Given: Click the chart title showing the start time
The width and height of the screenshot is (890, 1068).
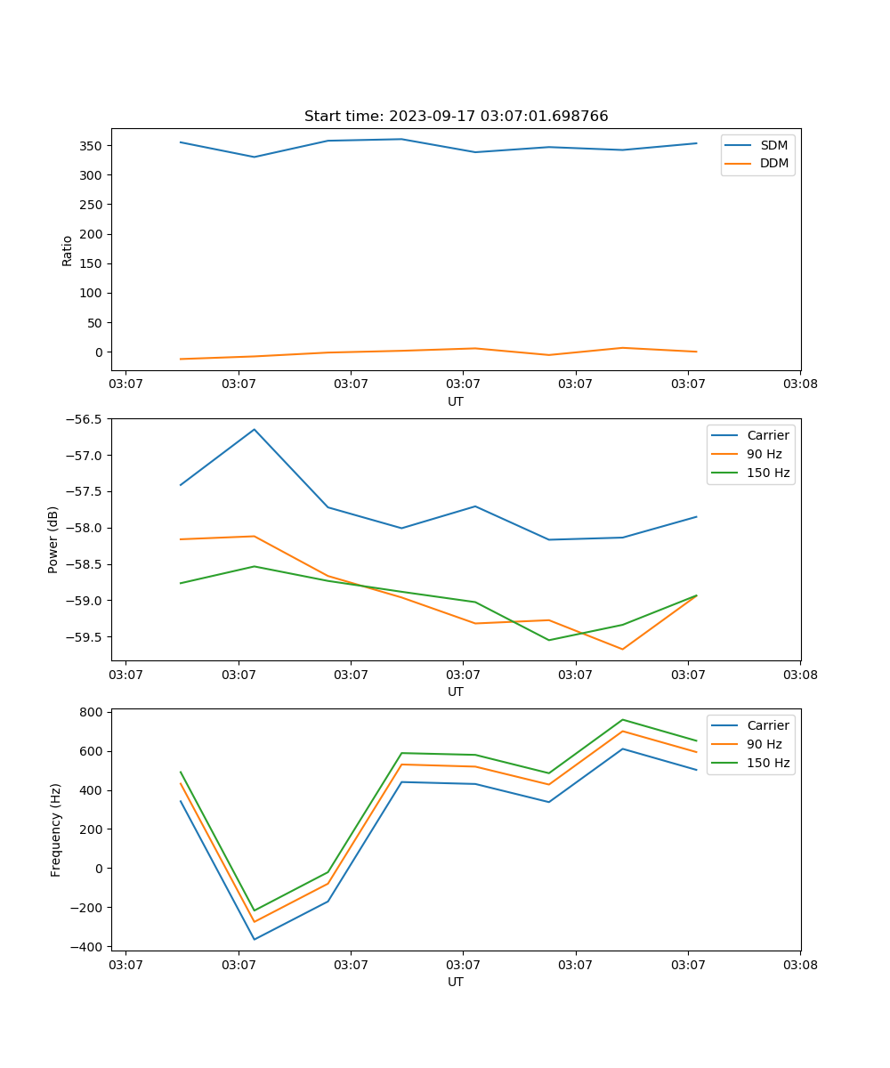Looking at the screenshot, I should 456,117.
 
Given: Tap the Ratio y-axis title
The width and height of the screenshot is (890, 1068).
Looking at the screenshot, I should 67,251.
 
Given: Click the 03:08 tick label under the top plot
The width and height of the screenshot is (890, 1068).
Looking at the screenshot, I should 799,384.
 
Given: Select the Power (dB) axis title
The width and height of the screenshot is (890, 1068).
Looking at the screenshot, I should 53,539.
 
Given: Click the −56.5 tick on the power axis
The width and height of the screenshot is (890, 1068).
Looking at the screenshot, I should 85,419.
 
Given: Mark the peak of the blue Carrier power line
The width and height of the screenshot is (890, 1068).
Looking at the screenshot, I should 255,429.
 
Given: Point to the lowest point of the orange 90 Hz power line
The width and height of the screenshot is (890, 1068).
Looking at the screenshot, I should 622,649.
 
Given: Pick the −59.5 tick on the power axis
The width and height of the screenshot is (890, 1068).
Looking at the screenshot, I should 85,637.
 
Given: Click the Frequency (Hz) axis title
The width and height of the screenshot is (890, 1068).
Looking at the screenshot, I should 55,829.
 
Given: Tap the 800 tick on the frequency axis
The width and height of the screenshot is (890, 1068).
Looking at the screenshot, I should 92,712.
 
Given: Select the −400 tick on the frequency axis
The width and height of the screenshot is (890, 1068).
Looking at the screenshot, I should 88,946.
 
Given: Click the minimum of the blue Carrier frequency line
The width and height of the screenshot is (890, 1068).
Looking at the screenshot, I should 255,939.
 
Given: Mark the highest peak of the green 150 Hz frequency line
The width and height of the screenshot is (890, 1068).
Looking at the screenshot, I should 622,719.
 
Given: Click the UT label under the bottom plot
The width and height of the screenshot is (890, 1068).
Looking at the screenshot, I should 456,982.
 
